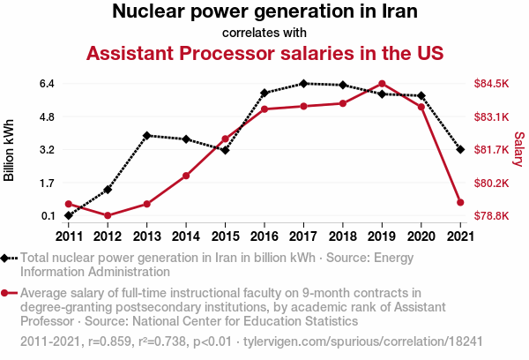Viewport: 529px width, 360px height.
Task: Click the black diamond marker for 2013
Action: (147, 136)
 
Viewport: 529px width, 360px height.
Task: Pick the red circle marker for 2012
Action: (108, 215)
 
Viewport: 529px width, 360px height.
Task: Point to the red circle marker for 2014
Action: (186, 176)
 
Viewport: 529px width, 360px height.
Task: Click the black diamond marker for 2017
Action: (303, 84)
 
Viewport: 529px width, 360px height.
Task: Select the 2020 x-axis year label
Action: (421, 236)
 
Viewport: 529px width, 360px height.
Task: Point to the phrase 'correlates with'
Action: (264, 33)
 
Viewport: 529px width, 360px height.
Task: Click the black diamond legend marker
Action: (8, 259)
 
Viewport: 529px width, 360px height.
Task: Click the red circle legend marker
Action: (8, 293)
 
